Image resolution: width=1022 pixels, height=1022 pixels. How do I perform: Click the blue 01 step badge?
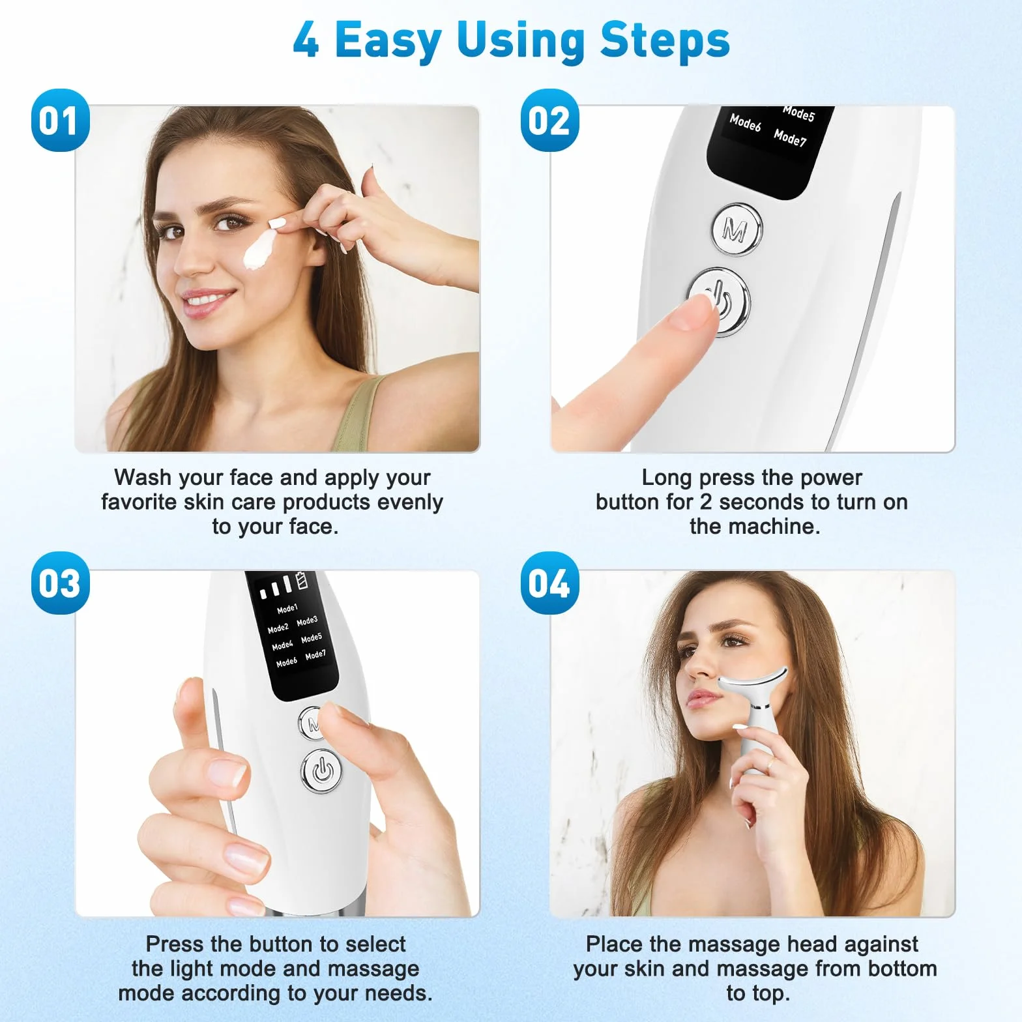(x=60, y=121)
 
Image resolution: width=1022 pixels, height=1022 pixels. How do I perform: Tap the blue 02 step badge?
(x=549, y=121)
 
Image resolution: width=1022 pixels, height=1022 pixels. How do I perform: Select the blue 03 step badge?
(x=60, y=583)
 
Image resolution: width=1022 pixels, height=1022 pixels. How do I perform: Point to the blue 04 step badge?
(x=549, y=583)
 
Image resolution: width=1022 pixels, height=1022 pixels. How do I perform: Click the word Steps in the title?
(x=664, y=41)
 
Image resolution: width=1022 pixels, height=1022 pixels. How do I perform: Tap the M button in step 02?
(x=737, y=229)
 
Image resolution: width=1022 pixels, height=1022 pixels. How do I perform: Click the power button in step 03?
(x=321, y=772)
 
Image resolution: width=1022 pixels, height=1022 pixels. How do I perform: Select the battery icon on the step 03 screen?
(x=301, y=580)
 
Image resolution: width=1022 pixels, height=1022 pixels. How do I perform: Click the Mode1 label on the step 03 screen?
(x=287, y=609)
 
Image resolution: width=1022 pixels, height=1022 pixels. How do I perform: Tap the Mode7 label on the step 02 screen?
(x=790, y=138)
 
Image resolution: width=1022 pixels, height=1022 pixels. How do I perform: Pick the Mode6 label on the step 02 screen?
(x=745, y=122)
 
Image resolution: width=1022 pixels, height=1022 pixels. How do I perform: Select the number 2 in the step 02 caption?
(x=706, y=503)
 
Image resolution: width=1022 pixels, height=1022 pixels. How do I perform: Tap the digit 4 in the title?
(x=306, y=41)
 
